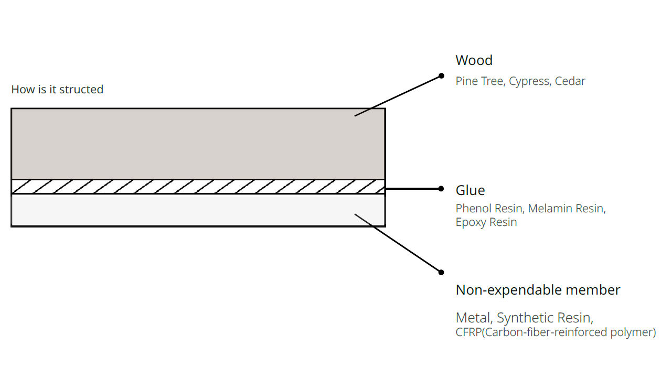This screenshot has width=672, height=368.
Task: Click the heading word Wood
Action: coord(474,60)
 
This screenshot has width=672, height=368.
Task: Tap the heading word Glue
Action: coord(470,190)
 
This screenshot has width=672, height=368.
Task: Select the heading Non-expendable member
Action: coord(538,290)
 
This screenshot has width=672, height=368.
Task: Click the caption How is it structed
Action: coord(57,90)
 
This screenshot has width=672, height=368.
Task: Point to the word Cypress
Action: coord(529,81)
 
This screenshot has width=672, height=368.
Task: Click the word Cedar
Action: coord(570,81)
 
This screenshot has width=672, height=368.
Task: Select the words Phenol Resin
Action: coord(489,209)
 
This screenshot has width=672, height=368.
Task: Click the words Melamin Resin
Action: coord(566,209)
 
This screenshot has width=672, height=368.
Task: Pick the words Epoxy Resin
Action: coord(486,222)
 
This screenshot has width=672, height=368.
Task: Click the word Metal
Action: coord(473,318)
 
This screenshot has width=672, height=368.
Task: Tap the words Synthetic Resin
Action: coord(545,318)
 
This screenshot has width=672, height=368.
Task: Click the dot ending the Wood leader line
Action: coord(442,75)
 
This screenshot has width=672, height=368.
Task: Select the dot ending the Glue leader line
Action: coord(441,189)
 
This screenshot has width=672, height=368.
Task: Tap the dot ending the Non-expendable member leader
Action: coord(441,272)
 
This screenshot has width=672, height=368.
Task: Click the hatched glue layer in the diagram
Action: coord(198,187)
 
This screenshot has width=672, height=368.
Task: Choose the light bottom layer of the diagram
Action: coord(198,210)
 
